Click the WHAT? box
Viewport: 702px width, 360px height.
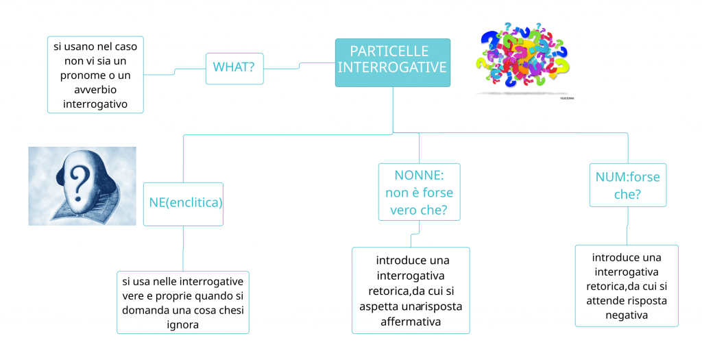point(234,68)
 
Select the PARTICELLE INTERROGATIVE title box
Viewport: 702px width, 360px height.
point(392,62)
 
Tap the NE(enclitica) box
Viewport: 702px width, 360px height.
point(183,203)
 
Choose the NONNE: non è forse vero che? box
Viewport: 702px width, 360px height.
point(419,192)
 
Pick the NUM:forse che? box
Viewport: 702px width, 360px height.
point(627,185)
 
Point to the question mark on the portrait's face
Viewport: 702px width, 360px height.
point(82,181)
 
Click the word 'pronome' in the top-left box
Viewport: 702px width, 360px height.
point(77,75)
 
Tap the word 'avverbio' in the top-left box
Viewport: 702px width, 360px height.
point(95,90)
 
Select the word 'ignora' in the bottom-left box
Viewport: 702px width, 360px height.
point(182,324)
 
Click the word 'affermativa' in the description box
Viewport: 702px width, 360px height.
point(411,321)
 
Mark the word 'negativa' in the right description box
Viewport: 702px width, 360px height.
point(627,315)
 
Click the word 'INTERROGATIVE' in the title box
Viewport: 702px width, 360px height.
point(392,68)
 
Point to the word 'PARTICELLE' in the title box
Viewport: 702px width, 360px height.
point(389,51)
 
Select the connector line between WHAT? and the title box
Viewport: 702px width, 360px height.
point(299,66)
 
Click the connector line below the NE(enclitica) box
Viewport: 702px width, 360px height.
point(183,248)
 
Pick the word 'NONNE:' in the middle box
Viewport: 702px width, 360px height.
point(419,175)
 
